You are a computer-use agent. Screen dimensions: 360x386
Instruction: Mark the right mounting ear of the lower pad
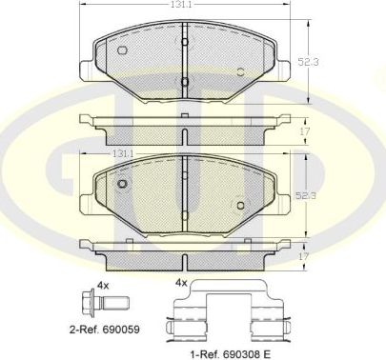pyautogui.click(x=284, y=202)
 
